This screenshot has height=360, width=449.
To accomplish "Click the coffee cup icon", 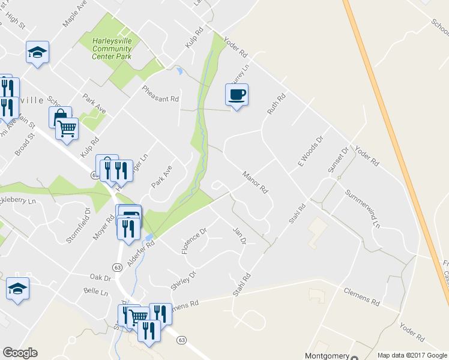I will (x=237, y=95).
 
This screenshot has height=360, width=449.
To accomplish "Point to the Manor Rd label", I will (x=255, y=182).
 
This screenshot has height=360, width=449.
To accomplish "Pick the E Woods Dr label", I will (x=310, y=151).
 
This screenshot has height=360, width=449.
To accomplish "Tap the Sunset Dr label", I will (x=338, y=160).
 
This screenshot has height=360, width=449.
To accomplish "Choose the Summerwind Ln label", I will (x=363, y=208).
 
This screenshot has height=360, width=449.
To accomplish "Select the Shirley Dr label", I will (x=183, y=280).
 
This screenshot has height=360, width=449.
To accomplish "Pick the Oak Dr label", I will (x=100, y=278).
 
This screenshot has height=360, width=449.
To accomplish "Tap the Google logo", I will (x=20, y=353).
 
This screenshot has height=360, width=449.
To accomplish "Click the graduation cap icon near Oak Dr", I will (x=17, y=289).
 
